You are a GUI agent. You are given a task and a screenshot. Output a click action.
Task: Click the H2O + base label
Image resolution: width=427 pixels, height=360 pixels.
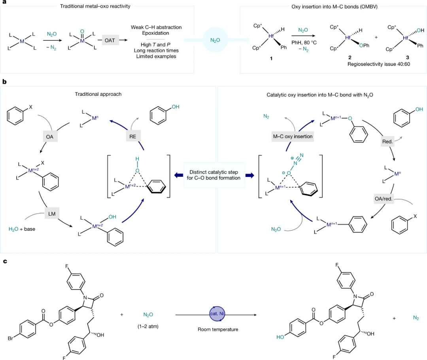23,229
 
